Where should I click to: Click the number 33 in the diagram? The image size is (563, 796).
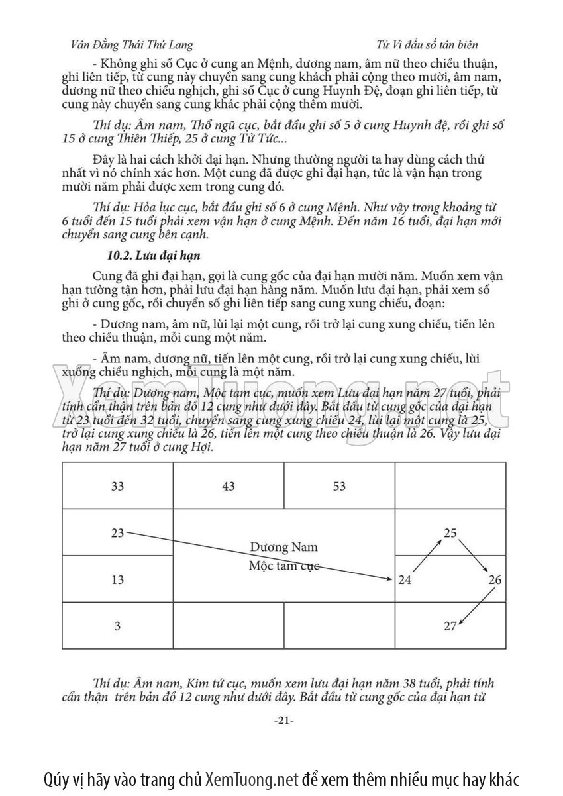[117, 486]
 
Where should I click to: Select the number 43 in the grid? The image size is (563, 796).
[228, 486]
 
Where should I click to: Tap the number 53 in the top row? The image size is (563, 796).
[339, 486]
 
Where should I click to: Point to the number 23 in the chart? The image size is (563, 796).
[117, 532]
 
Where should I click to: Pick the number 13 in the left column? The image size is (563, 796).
[117, 580]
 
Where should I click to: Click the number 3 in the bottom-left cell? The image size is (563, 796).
[117, 626]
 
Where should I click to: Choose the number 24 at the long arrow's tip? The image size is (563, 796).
[405, 581]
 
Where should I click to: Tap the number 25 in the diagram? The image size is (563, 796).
[450, 532]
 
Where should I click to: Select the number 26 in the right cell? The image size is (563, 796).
[495, 581]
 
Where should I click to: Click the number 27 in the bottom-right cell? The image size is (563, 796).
[450, 626]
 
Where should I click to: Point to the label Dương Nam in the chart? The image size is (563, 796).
[284, 547]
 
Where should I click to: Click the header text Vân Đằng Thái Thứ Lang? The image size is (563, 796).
[131, 44]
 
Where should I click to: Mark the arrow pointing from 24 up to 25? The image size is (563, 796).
[428, 555]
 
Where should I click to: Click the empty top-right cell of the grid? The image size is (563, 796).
[450, 486]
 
